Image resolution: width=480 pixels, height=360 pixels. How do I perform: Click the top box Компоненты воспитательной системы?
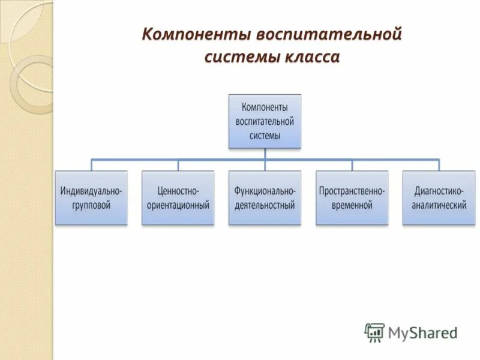point(265,121)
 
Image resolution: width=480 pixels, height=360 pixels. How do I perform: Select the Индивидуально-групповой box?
point(91,197)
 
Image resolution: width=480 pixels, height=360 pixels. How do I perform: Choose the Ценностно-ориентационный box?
point(178,197)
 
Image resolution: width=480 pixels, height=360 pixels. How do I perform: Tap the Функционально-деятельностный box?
point(265,197)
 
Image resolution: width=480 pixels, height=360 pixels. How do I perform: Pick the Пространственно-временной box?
point(352,197)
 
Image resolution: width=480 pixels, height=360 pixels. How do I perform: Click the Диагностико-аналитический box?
point(439,197)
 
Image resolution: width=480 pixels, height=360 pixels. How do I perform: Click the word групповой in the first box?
point(91,205)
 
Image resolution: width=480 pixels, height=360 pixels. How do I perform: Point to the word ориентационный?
point(178,205)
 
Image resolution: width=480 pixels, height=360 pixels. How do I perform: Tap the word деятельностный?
point(265,205)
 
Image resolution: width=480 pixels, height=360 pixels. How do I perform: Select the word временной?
point(352,205)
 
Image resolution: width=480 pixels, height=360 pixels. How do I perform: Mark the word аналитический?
point(439,205)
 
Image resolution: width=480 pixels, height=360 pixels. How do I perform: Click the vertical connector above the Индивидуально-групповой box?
point(91,165)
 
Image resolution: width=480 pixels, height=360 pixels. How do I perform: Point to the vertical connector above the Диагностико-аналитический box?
point(439,165)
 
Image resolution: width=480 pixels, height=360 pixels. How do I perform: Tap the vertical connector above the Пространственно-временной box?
point(352,165)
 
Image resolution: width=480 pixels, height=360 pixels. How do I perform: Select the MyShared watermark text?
point(422,332)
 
